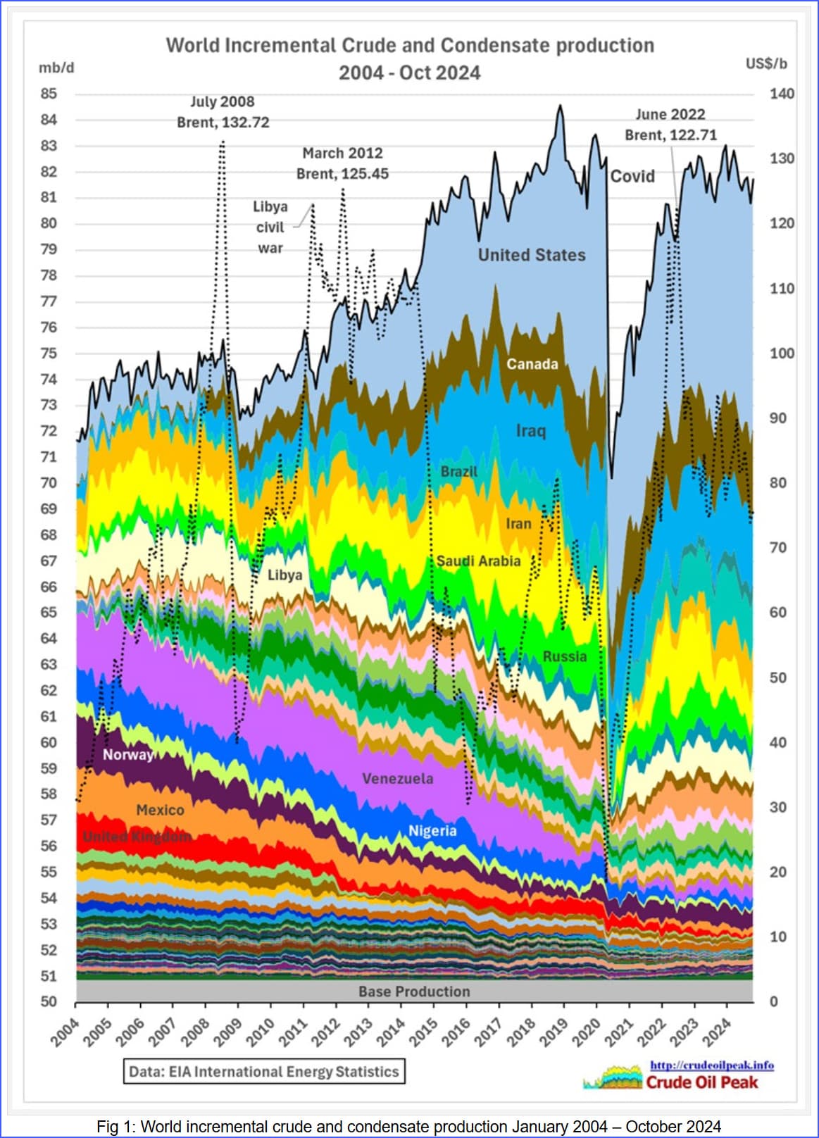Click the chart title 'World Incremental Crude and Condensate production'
point(410,46)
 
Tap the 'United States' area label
point(532,255)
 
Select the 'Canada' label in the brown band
point(532,364)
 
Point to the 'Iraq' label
point(530,430)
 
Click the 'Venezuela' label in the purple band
point(397,778)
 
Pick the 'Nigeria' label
point(432,831)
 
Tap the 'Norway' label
point(127,755)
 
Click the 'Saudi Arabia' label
point(478,561)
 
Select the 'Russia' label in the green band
point(564,656)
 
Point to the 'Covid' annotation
point(632,176)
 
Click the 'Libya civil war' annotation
point(270,227)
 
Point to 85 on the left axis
point(49,94)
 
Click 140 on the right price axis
point(782,94)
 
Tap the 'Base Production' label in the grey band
point(414,992)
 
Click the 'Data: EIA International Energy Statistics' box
point(264,1072)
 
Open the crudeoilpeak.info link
point(711,1065)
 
